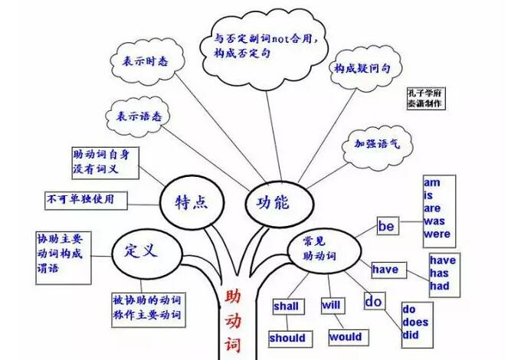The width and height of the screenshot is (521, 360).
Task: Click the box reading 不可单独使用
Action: point(86,200)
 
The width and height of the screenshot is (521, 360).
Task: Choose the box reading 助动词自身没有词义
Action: point(105,163)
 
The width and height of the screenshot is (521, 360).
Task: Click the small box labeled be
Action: point(388,226)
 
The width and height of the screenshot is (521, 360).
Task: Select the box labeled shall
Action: point(288,306)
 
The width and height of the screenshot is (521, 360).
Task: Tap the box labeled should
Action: point(290,339)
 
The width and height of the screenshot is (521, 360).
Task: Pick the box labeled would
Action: point(349,338)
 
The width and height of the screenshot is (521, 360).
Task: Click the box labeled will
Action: point(333,305)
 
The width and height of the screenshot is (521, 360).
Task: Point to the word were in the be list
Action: point(437,234)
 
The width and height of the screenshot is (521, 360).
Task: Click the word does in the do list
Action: point(415,322)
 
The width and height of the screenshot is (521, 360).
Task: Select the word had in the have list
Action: point(440,286)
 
